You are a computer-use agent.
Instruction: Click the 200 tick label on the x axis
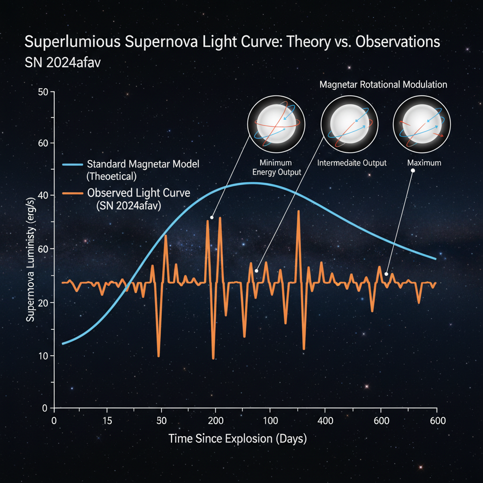pyautogui.click(x=215, y=421)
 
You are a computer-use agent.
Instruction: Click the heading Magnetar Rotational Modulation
pyautogui.click(x=383, y=85)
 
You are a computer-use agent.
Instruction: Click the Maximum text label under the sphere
pyautogui.click(x=424, y=163)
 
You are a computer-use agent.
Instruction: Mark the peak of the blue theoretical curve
pyautogui.click(x=253, y=183)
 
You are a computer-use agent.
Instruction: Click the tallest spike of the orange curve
pyautogui.click(x=298, y=211)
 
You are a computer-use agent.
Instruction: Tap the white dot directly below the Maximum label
pyautogui.click(x=412, y=171)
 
